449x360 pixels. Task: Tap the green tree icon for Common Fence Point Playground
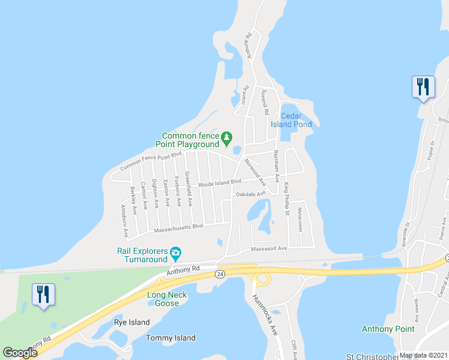(x=226, y=139)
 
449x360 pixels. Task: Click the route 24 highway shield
(x=220, y=274)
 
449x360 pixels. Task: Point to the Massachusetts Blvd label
(x=179, y=227)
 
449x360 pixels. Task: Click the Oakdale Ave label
(x=250, y=194)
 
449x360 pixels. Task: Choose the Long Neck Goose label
(x=167, y=299)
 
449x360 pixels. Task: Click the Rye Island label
(x=131, y=322)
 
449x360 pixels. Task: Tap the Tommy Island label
(x=170, y=338)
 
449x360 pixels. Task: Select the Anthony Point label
(x=388, y=329)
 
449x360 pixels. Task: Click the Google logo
(x=20, y=352)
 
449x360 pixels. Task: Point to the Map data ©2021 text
(x=423, y=355)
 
